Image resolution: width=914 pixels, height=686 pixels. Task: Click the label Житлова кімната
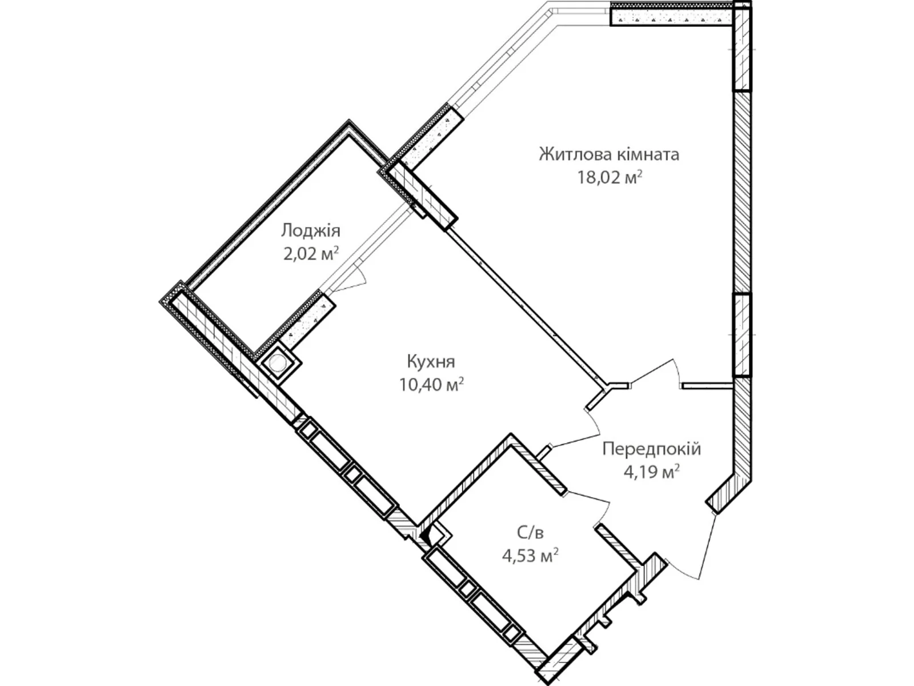click(609, 154)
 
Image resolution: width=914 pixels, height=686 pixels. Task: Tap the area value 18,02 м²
click(609, 178)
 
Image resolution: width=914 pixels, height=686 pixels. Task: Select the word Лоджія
click(311, 230)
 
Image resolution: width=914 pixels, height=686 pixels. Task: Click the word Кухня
click(431, 361)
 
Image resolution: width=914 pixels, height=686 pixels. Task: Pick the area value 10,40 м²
click(431, 385)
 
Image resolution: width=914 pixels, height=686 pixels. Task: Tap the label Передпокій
click(651, 449)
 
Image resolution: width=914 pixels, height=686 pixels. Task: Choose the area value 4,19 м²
click(651, 472)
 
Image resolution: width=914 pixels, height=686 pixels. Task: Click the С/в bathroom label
click(530, 533)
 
